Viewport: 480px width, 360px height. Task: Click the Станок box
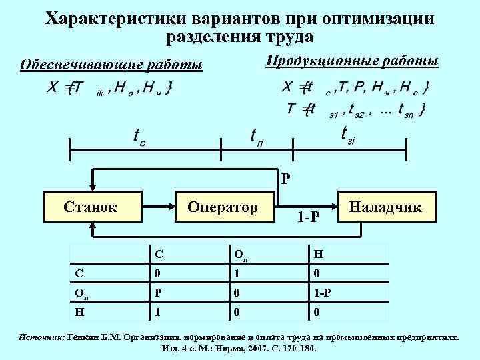pos(91,208)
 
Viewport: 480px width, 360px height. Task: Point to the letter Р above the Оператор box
pos(285,179)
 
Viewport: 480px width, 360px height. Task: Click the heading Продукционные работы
pos(351,62)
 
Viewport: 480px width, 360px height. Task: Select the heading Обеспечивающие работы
pos(111,65)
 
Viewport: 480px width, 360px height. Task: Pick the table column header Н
pos(317,254)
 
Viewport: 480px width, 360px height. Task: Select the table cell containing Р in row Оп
pos(158,291)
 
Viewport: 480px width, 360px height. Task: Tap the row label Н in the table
pos(79,310)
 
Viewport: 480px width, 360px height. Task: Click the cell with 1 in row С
pos(236,273)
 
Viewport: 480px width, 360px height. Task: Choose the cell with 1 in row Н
pos(157,310)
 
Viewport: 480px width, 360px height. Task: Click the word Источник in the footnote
pos(41,337)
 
